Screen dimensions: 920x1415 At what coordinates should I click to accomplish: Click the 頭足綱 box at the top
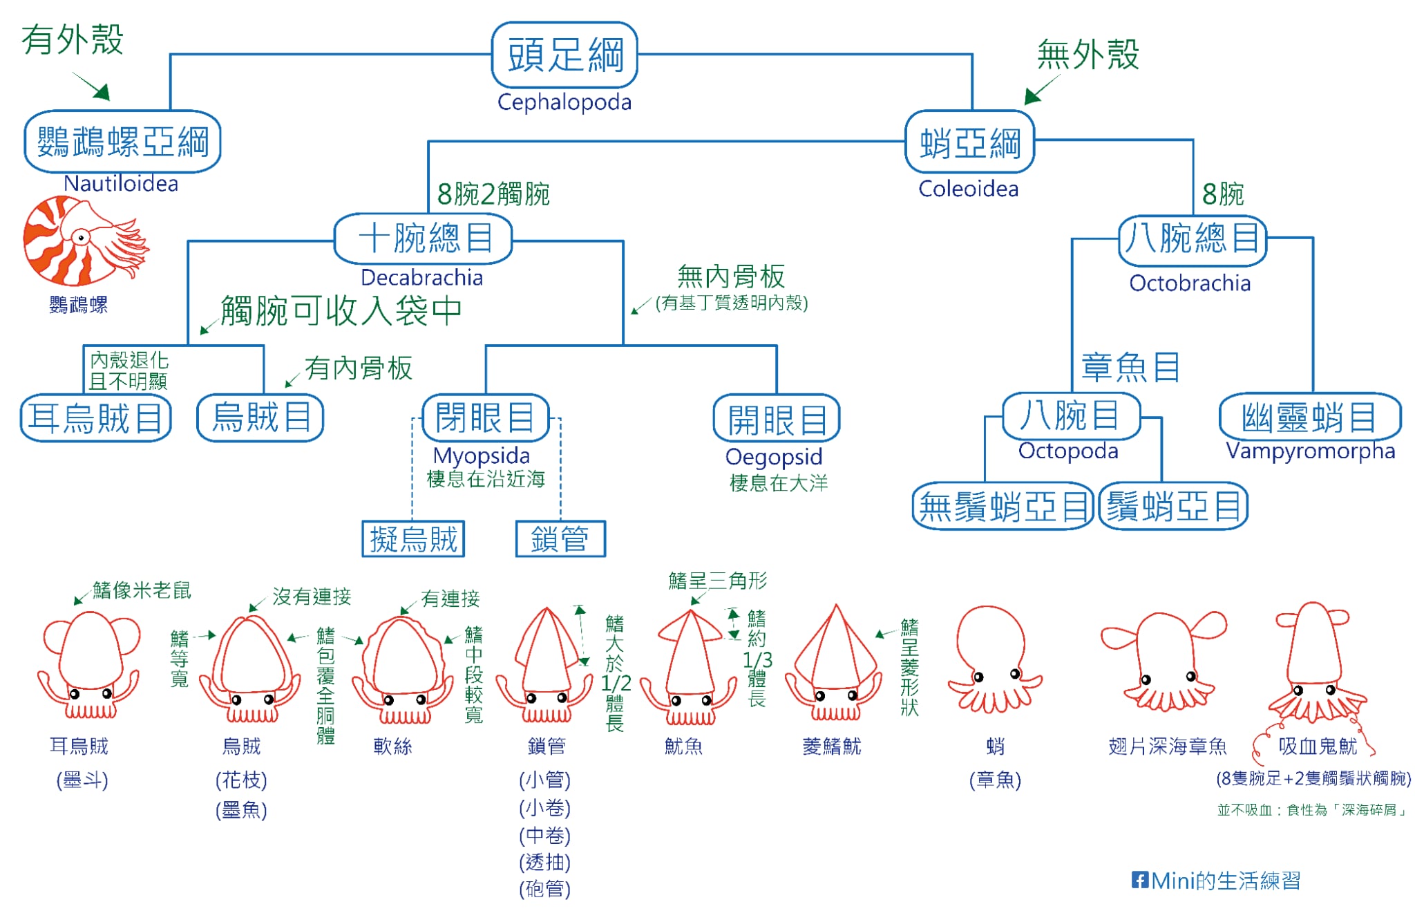[x=564, y=55]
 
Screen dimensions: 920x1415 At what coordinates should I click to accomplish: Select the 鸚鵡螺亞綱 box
[x=122, y=142]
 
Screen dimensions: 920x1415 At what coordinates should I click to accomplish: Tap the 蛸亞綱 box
[x=969, y=142]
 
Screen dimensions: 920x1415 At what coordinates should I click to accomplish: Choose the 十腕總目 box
[x=423, y=238]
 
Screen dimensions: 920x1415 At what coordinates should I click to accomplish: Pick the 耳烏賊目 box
[x=95, y=417]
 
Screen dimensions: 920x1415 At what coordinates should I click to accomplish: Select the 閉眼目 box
[x=485, y=417]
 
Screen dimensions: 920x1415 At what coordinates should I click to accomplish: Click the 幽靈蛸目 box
[x=1309, y=417]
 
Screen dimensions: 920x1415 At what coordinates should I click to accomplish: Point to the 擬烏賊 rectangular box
[x=413, y=539]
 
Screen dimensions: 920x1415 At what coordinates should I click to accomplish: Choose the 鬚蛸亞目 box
[x=1173, y=507]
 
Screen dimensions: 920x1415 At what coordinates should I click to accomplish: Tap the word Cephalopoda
[x=564, y=102]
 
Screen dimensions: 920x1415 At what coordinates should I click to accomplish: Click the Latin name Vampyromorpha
[x=1310, y=451]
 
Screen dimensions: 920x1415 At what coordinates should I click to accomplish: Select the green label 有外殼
[x=72, y=39]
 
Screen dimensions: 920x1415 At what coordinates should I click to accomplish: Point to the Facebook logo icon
[x=1139, y=880]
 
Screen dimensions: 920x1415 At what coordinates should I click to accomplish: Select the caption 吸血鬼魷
[x=1317, y=746]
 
